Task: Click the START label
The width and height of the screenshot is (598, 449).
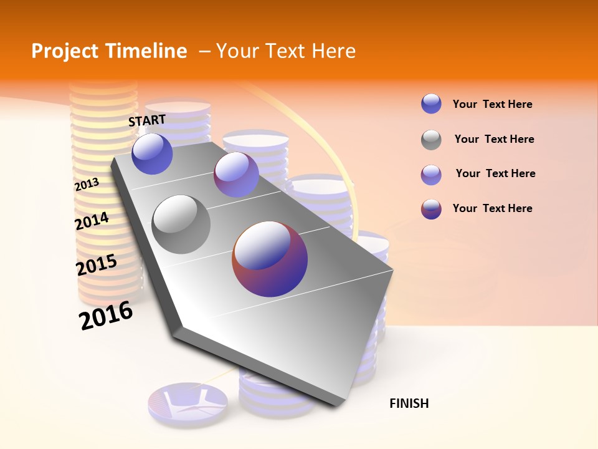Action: click(147, 120)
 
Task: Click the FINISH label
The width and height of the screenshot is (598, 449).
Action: click(409, 403)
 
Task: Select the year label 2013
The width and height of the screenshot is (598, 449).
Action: click(87, 185)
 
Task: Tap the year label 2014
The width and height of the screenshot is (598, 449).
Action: click(92, 221)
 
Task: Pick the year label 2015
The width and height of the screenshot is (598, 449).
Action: click(97, 265)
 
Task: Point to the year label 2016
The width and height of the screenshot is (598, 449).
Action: click(106, 316)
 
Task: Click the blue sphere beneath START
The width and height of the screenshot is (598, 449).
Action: click(152, 153)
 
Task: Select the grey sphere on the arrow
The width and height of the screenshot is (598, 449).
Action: click(181, 224)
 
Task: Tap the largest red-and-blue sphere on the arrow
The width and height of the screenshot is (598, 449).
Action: click(270, 259)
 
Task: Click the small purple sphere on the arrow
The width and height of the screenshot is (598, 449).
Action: click(236, 175)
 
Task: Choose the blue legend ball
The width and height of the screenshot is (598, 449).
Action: click(431, 104)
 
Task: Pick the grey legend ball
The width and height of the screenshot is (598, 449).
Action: click(431, 140)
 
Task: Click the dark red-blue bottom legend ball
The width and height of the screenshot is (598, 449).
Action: click(431, 209)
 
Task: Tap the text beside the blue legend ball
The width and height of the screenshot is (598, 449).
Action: click(492, 104)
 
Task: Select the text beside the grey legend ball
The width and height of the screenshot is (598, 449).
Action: click(494, 139)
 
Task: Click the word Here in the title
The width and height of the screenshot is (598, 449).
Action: click(333, 51)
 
